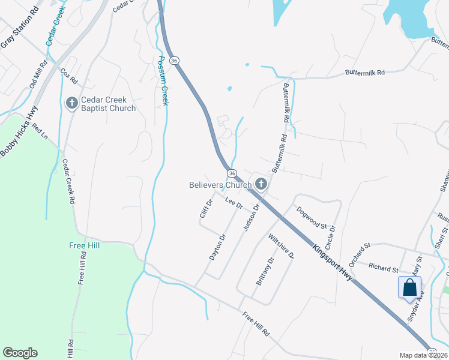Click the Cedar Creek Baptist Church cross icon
pos(71,103)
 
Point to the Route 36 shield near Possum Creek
pos(173,61)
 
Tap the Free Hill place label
pos(85,246)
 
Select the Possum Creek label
pos(162,81)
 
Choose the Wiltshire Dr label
pos(281,246)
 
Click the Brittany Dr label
pos(265,271)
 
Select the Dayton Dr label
pos(217,247)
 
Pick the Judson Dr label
pos(252,217)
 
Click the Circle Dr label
pos(330,237)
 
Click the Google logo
pos(20,353)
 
